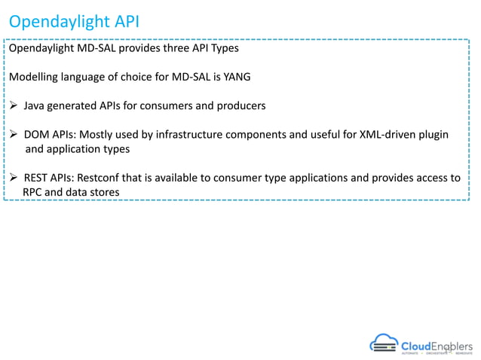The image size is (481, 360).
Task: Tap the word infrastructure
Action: [x=219, y=135]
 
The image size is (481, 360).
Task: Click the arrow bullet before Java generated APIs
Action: [x=14, y=105]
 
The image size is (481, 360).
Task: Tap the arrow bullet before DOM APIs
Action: [x=14, y=135]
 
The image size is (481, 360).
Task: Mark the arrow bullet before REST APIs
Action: [x=14, y=178]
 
